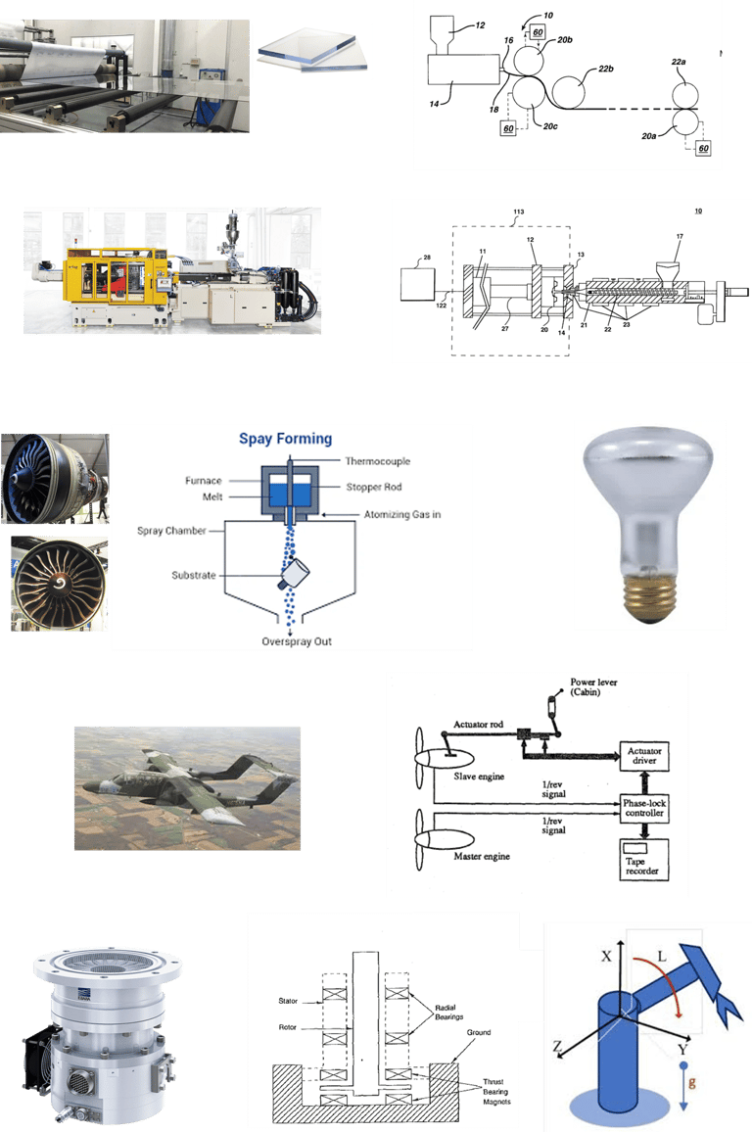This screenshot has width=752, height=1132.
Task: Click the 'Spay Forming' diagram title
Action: pos(285,439)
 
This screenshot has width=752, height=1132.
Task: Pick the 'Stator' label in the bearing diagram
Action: pos(285,1002)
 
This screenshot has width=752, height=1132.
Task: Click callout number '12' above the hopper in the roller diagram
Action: pos(480,25)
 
